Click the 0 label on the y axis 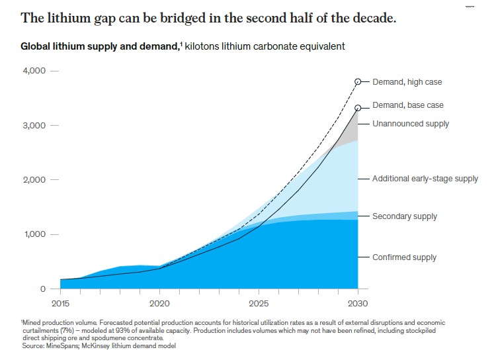(43, 289)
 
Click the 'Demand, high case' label (407, 82)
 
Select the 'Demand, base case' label (407, 105)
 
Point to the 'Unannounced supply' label (411, 124)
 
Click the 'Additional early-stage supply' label (425, 179)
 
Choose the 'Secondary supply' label (405, 216)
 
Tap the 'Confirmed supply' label (404, 257)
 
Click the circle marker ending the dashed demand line (358, 81)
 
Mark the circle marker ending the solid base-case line (358, 107)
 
